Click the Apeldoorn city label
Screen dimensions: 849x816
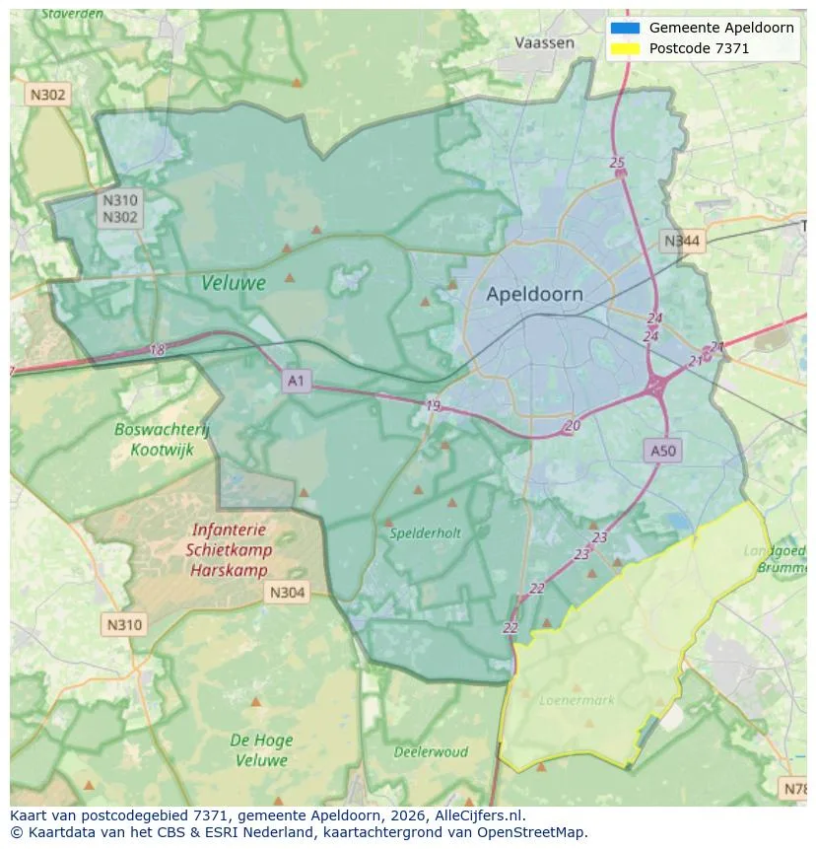click(x=534, y=294)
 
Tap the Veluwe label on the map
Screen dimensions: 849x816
click(x=234, y=283)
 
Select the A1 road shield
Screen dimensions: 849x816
click(x=296, y=380)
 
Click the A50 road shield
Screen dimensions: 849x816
click(x=663, y=451)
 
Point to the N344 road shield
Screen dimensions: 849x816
click(x=682, y=241)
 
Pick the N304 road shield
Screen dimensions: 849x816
click(x=287, y=593)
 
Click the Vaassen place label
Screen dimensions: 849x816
click(x=544, y=42)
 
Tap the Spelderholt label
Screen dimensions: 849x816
click(x=425, y=532)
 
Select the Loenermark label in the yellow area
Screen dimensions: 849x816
click(x=577, y=700)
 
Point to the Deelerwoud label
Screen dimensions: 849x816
click(x=431, y=751)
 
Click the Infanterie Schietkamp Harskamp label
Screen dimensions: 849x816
click(x=229, y=550)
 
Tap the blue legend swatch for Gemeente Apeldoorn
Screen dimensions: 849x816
click(x=625, y=28)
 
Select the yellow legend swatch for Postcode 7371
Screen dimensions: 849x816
click(x=625, y=48)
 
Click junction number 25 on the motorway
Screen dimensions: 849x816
click(x=618, y=163)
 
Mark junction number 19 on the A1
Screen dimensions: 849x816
click(x=434, y=405)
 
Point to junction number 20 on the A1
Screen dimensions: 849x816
click(x=573, y=426)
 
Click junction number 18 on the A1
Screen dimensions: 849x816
click(x=157, y=350)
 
